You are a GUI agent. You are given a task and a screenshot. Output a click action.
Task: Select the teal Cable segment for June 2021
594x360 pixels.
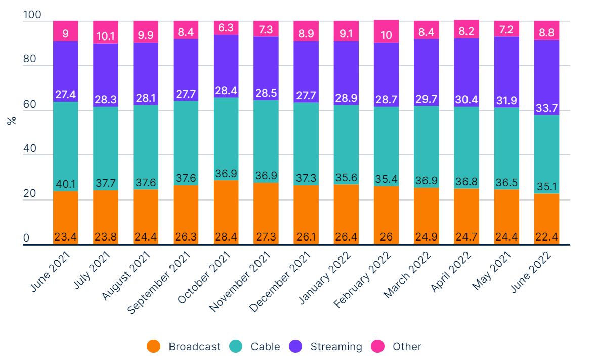point(65,147)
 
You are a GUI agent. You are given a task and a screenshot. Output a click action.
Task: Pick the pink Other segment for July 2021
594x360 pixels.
point(105,32)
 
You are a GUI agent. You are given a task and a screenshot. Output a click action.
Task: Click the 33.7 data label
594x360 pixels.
point(546,109)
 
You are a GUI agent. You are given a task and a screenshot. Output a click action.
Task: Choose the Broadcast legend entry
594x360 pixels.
point(194,347)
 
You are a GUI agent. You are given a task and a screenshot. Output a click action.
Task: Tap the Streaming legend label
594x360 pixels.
point(336,347)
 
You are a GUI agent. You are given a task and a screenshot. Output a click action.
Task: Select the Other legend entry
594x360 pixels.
point(407,347)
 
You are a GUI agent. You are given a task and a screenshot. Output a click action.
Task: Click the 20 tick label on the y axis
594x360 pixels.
point(29,194)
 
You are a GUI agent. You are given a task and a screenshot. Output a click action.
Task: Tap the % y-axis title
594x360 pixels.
point(11,121)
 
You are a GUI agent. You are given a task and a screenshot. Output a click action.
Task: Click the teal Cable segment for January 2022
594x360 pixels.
point(346,144)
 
